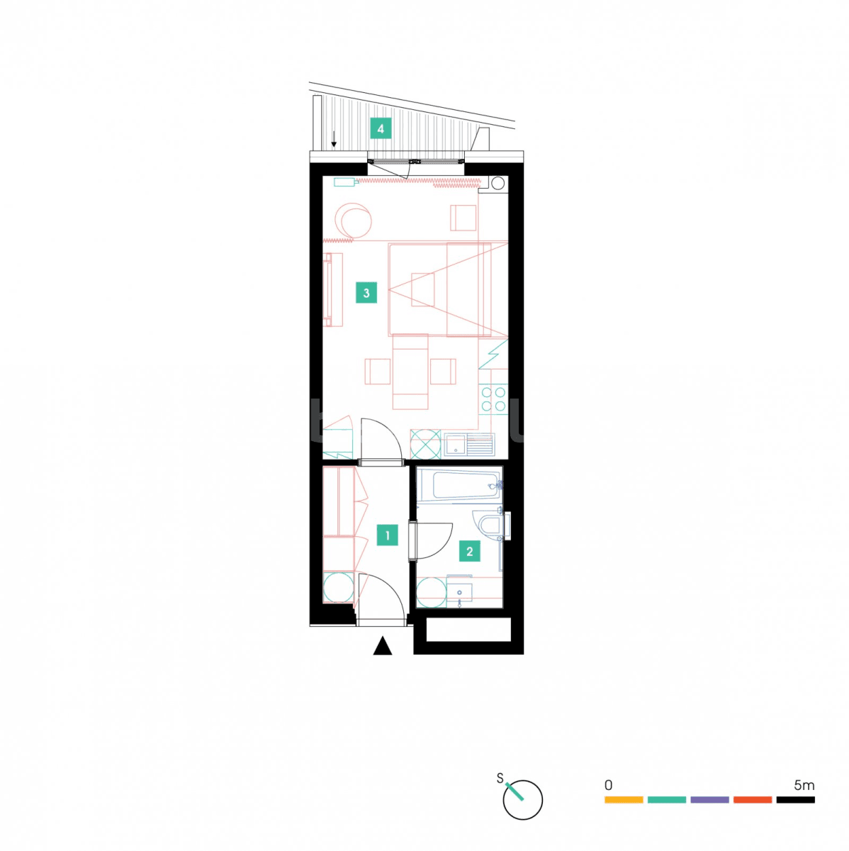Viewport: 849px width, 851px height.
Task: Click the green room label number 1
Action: coord(387,535)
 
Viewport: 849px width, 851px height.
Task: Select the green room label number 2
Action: coord(469,551)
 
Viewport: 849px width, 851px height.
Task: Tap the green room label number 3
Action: coord(366,293)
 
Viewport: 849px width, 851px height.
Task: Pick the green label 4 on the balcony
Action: coord(381,129)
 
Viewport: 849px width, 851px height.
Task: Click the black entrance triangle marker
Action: coord(383,646)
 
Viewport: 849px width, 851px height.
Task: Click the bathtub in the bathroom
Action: coord(460,486)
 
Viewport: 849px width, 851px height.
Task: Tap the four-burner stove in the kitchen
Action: coord(493,399)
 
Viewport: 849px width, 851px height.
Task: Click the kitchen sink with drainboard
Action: coord(468,445)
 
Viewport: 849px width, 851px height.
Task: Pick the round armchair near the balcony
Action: coord(354,221)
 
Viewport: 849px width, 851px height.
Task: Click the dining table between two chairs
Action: coord(410,372)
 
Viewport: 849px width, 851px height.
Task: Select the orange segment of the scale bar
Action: coord(624,800)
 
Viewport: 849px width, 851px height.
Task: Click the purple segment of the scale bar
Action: coord(709,800)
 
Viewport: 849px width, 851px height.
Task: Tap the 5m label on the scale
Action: coord(804,785)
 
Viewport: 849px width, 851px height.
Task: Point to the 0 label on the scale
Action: coord(608,785)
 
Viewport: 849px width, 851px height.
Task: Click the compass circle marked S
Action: coord(523,800)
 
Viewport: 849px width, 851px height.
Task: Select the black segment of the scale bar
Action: coord(795,800)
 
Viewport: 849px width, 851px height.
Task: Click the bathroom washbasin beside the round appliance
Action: coord(460,594)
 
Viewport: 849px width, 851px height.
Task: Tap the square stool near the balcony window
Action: coord(463,218)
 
